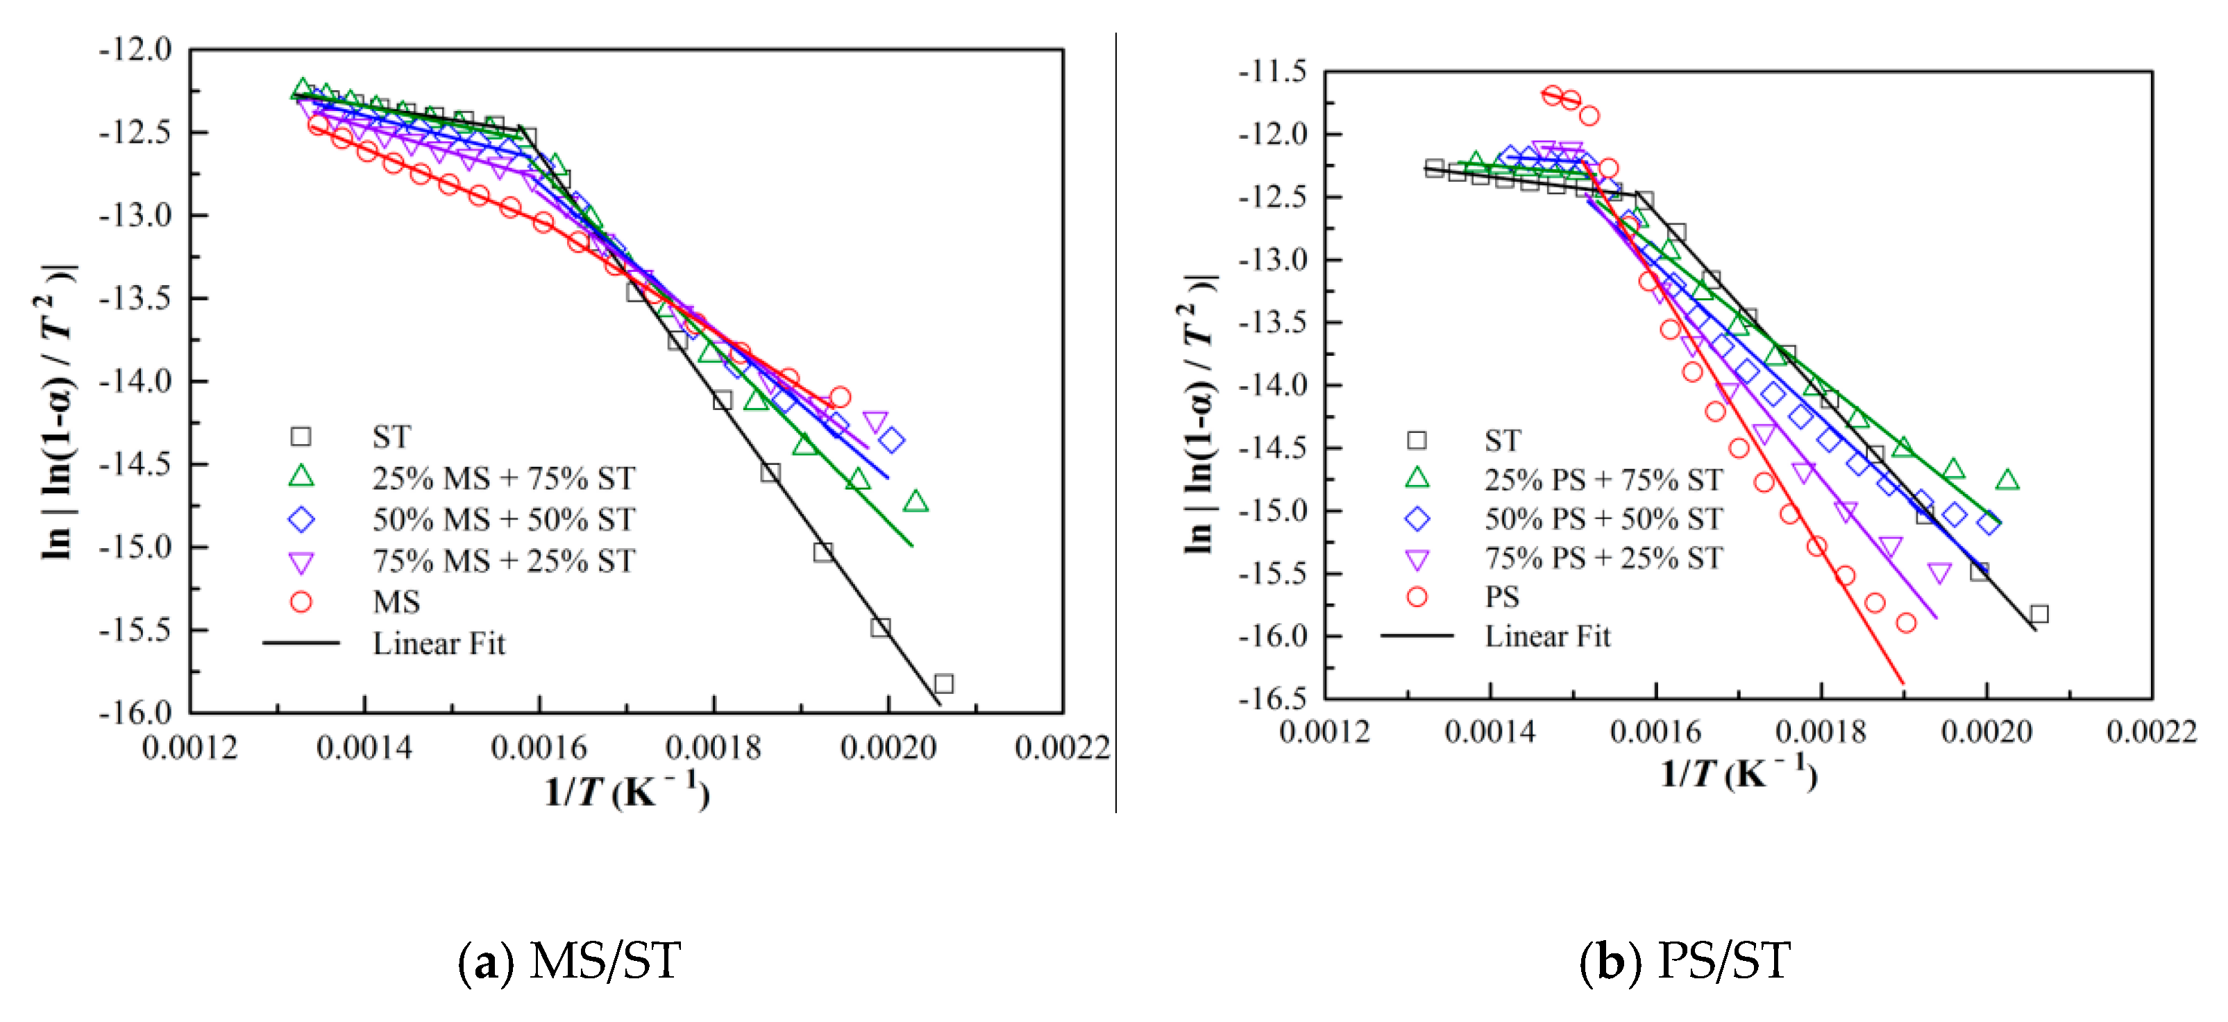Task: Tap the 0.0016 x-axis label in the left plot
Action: (x=540, y=748)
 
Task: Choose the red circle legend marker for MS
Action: (x=301, y=602)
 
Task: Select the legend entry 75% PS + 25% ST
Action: (x=1603, y=558)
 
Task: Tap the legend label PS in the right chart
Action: (x=1503, y=597)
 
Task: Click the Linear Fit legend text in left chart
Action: (x=439, y=643)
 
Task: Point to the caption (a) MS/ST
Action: (x=569, y=961)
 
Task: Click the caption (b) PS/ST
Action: (x=1684, y=961)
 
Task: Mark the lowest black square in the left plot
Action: (x=944, y=684)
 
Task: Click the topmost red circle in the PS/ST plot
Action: (x=1553, y=95)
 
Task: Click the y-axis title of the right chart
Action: (x=1199, y=415)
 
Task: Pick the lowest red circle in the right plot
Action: (x=1906, y=622)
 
